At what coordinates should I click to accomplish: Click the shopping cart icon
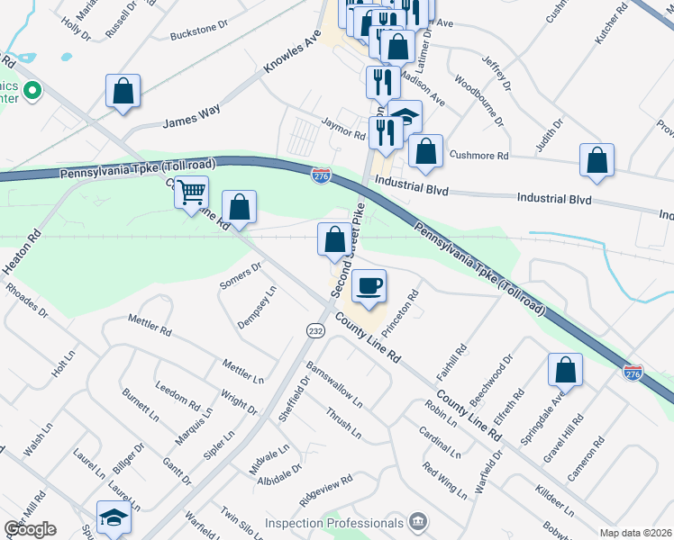coord(190,193)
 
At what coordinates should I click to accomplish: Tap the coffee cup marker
coord(369,287)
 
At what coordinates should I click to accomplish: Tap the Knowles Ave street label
coord(293,57)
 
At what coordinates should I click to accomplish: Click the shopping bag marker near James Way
coord(123,91)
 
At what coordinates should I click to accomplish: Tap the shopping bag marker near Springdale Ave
coord(565,370)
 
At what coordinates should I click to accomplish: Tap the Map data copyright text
coord(635,533)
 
